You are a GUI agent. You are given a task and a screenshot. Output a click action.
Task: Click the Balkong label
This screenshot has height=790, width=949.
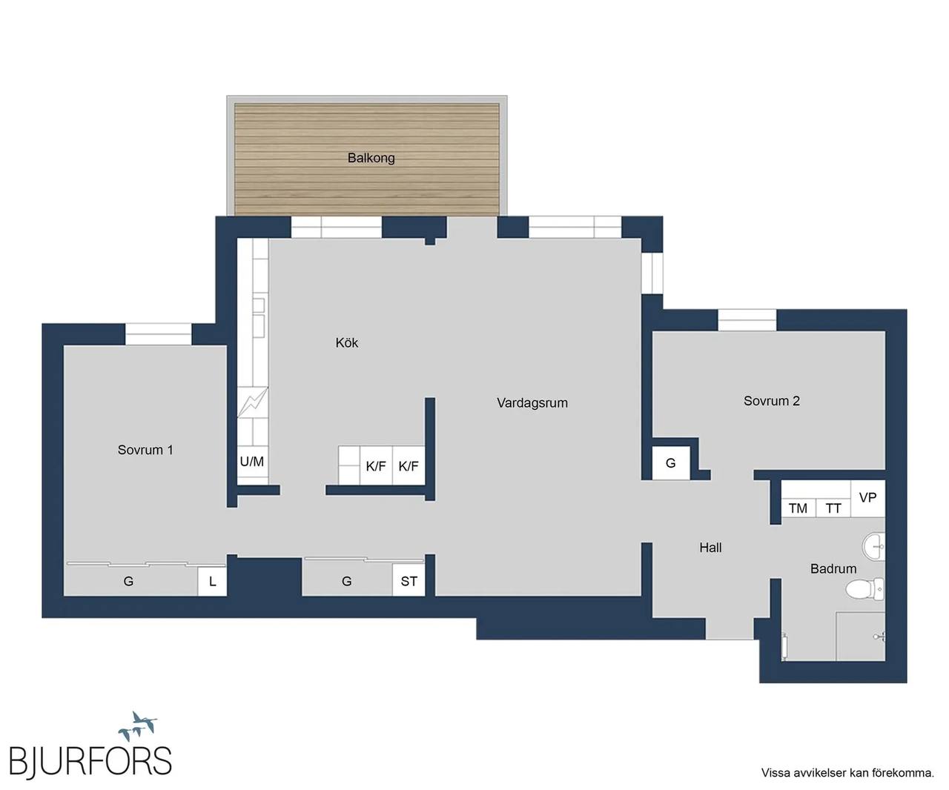click(371, 158)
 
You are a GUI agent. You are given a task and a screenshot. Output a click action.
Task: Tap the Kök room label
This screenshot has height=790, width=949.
click(347, 342)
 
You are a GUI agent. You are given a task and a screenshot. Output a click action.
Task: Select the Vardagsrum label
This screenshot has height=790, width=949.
click(532, 403)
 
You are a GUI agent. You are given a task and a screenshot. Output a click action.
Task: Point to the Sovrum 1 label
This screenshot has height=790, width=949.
click(145, 450)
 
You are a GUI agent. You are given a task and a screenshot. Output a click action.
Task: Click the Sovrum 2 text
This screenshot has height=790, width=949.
click(771, 401)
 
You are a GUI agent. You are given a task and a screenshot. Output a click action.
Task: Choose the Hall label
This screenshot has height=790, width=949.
click(710, 548)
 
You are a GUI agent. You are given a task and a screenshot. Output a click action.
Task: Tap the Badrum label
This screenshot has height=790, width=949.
click(833, 568)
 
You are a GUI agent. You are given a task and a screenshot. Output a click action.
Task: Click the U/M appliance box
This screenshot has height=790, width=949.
click(252, 462)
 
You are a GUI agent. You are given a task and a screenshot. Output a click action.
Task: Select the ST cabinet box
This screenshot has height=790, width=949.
click(409, 581)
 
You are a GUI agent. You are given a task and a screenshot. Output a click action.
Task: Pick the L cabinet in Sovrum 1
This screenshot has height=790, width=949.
click(212, 581)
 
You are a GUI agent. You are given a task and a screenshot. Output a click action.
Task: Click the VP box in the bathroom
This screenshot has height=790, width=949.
click(867, 498)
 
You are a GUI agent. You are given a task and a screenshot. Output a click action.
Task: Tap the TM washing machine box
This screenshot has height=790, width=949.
click(798, 508)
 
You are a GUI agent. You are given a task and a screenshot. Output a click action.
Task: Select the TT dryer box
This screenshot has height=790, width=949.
click(833, 508)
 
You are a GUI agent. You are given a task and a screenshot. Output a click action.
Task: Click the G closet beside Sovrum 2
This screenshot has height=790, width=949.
click(671, 463)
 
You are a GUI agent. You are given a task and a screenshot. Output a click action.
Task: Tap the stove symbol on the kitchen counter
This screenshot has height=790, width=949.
click(253, 402)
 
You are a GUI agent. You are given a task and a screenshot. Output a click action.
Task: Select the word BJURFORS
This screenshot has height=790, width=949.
click(90, 760)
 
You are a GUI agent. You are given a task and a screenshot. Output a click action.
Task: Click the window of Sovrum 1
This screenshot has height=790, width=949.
click(158, 334)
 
